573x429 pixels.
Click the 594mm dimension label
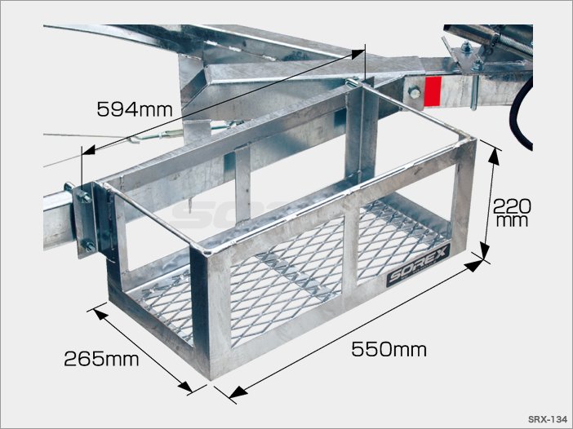click(x=135, y=109)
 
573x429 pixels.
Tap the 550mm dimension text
click(x=389, y=349)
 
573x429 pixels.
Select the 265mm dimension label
click(x=101, y=359)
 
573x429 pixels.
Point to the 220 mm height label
click(x=511, y=213)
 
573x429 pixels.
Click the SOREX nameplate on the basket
click(x=418, y=265)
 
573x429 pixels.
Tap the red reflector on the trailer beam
click(x=433, y=92)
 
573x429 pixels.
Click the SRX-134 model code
click(x=547, y=418)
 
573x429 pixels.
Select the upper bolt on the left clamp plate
click(x=84, y=197)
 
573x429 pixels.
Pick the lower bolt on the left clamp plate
click(x=89, y=245)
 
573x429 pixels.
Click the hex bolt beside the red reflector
click(x=414, y=92)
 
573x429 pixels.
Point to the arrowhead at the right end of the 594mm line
click(x=358, y=54)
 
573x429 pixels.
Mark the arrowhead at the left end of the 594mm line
click(x=89, y=150)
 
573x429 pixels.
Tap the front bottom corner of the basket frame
click(x=210, y=379)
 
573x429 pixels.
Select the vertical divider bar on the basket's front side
click(x=350, y=250)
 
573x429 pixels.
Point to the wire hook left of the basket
click(x=133, y=139)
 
